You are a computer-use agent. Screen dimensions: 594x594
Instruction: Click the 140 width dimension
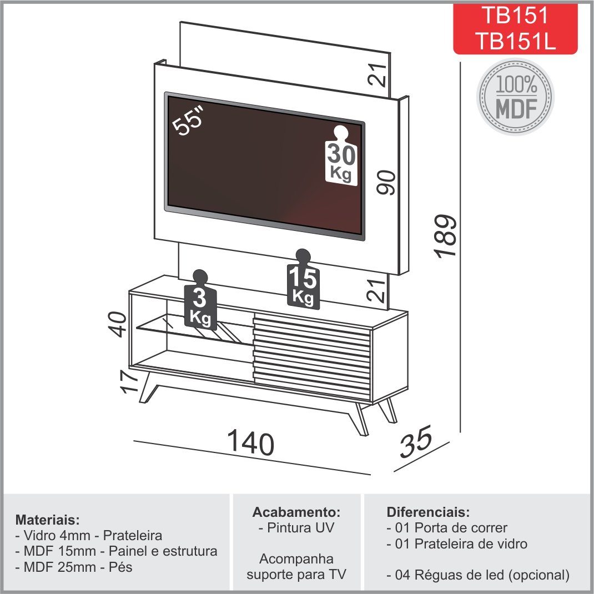pos(250,442)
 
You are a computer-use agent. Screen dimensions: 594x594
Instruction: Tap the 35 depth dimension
pos(416,442)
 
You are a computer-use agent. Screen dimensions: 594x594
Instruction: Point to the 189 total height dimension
pos(446,236)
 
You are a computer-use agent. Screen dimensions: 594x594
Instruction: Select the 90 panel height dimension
pos(386,182)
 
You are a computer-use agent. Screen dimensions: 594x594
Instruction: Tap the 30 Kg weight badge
pos(341,155)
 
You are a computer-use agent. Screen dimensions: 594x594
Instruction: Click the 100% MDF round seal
pos(515,97)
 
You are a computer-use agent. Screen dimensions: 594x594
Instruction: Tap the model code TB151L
pos(515,41)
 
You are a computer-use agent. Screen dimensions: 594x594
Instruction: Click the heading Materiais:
pos(47,520)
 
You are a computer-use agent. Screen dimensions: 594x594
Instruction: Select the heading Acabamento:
pos(296,512)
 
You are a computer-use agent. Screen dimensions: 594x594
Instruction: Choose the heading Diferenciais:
pos(428,512)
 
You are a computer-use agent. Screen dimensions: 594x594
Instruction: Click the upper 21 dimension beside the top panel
pos(377,75)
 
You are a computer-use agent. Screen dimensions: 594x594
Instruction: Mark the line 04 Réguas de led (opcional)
pos(478,575)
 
